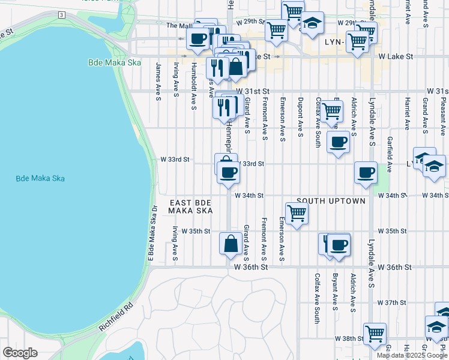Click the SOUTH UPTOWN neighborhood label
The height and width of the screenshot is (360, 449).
[x=331, y=201]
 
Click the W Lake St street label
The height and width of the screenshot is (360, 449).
[x=396, y=56]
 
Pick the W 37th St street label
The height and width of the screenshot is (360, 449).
[x=396, y=303]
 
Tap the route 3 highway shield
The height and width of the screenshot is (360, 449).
[x=61, y=14]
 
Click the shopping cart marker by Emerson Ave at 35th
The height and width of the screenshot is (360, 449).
[x=297, y=213]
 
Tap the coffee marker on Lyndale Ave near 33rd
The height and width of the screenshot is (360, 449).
[x=366, y=173]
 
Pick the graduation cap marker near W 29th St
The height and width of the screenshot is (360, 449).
[x=312, y=23]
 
